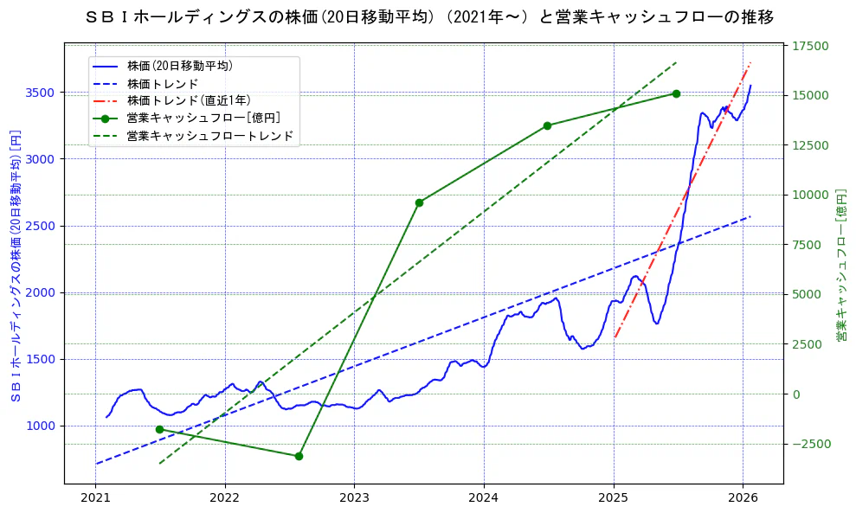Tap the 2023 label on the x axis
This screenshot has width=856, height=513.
coord(354,498)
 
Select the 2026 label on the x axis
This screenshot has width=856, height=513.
coord(743,498)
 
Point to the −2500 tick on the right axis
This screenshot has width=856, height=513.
coord(809,444)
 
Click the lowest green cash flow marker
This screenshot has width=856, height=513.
coord(299,456)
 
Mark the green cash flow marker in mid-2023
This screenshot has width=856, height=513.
coord(419,202)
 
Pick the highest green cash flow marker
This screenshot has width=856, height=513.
coord(676,93)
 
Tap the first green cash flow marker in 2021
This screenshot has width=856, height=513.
coord(159,429)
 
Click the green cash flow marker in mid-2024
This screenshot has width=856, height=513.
coord(547,125)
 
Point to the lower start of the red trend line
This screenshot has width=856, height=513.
coord(615,337)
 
